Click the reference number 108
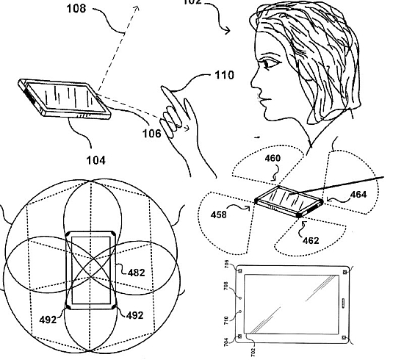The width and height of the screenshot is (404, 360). (76, 9)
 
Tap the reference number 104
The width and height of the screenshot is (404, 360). (95, 160)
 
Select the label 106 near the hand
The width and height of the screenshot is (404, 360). (152, 134)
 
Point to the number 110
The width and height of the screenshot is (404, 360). (225, 75)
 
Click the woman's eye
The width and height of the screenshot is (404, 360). (270, 62)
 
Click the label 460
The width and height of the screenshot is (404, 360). (273, 158)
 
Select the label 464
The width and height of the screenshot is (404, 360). (358, 194)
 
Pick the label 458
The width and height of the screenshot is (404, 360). (219, 215)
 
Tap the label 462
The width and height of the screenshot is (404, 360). (311, 241)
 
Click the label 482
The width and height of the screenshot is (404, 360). (137, 273)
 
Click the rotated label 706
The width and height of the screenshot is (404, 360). (226, 264)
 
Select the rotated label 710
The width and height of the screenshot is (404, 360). (226, 320)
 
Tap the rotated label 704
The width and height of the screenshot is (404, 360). (226, 342)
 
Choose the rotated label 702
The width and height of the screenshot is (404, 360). (253, 353)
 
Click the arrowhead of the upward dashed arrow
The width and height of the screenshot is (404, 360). (137, 9)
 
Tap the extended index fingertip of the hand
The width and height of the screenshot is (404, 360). (163, 87)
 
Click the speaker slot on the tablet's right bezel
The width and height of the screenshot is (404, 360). (344, 303)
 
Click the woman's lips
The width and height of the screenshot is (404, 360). (263, 100)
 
